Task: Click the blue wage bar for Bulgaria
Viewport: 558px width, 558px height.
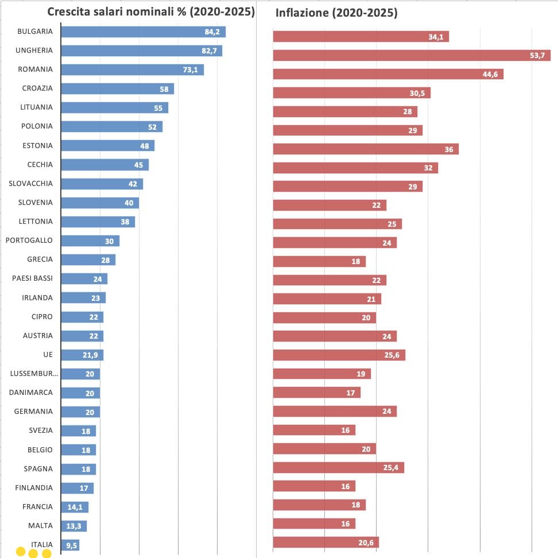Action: click(x=144, y=32)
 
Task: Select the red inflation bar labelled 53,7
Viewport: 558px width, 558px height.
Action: click(x=412, y=55)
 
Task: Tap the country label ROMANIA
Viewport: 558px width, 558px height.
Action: click(x=35, y=69)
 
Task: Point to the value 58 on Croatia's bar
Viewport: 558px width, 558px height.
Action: click(x=164, y=89)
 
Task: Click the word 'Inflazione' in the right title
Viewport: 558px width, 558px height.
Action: click(x=302, y=13)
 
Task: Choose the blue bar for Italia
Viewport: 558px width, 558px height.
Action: click(x=70, y=545)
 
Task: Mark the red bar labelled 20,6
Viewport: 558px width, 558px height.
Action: click(x=326, y=542)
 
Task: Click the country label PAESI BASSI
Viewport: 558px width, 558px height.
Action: click(x=32, y=278)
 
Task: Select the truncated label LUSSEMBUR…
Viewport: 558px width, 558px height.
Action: click(x=34, y=373)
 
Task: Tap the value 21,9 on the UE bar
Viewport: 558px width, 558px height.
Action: click(x=90, y=355)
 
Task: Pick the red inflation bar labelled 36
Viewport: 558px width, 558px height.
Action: click(x=366, y=149)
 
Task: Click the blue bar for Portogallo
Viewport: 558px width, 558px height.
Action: click(x=90, y=241)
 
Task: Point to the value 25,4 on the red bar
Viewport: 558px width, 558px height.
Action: click(x=391, y=467)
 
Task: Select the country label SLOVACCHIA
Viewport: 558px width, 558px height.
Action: click(x=30, y=183)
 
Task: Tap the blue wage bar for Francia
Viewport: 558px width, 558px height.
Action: click(x=75, y=507)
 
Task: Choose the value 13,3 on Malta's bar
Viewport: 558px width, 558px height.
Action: click(x=73, y=526)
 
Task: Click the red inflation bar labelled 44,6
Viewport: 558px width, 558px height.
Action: click(x=388, y=74)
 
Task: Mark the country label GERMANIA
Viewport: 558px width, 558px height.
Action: click(x=33, y=411)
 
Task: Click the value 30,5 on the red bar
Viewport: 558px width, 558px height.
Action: click(x=417, y=93)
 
